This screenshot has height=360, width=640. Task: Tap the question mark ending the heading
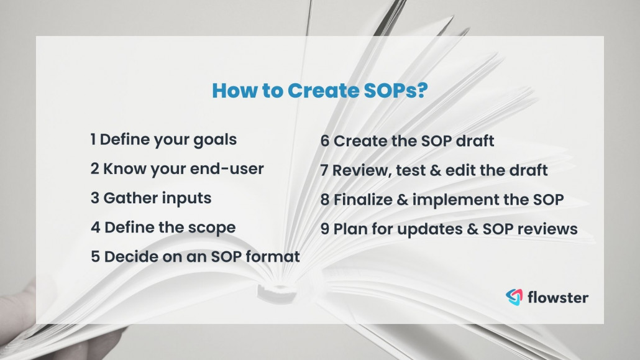pyautogui.click(x=423, y=90)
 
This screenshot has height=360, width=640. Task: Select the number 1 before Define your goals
pyautogui.click(x=93, y=139)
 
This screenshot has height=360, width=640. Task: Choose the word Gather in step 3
pyautogui.click(x=130, y=198)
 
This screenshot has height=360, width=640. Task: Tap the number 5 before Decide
pyautogui.click(x=95, y=257)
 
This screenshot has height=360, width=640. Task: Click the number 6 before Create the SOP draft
pyautogui.click(x=324, y=141)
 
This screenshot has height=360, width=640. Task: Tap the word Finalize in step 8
pyautogui.click(x=363, y=200)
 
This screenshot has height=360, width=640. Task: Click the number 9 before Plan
pyautogui.click(x=324, y=229)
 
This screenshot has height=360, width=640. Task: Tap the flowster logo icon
pyautogui.click(x=514, y=297)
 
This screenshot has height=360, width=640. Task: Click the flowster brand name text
pyautogui.click(x=557, y=297)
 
